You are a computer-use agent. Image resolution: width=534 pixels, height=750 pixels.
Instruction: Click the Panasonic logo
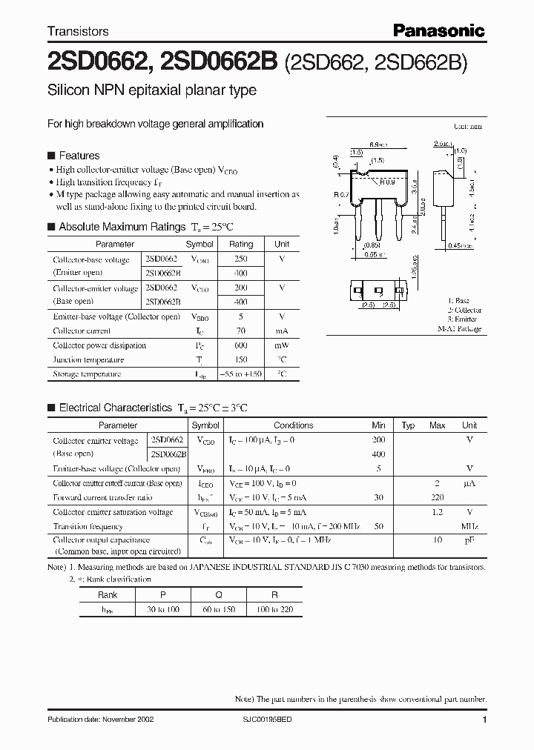click(x=438, y=30)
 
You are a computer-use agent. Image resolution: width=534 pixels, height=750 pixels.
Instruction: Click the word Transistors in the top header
click(x=78, y=31)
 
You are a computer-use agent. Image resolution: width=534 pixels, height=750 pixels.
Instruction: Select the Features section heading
click(x=79, y=156)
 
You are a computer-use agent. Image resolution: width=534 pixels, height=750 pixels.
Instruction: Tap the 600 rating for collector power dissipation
click(x=240, y=345)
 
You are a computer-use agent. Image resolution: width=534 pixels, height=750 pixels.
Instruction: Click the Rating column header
click(x=240, y=244)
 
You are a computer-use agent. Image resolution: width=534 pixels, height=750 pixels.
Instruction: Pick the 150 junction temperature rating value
click(x=240, y=360)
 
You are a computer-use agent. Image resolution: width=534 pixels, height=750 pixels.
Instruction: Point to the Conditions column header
click(x=294, y=425)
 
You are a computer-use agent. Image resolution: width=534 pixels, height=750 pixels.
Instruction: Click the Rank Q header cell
click(x=219, y=594)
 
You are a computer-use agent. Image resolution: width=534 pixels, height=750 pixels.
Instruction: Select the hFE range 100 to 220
click(x=274, y=609)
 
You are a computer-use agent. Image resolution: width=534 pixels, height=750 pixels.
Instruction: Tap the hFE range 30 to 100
click(x=163, y=609)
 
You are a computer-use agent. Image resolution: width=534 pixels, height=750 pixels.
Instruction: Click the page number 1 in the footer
click(x=484, y=720)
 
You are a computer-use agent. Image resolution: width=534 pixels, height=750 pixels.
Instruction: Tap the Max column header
click(x=438, y=425)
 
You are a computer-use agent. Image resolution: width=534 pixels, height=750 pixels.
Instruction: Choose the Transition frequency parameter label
click(x=88, y=526)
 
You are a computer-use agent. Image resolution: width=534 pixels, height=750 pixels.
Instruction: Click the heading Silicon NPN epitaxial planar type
click(x=152, y=90)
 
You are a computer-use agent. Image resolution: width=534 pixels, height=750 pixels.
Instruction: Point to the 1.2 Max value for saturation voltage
click(x=438, y=512)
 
